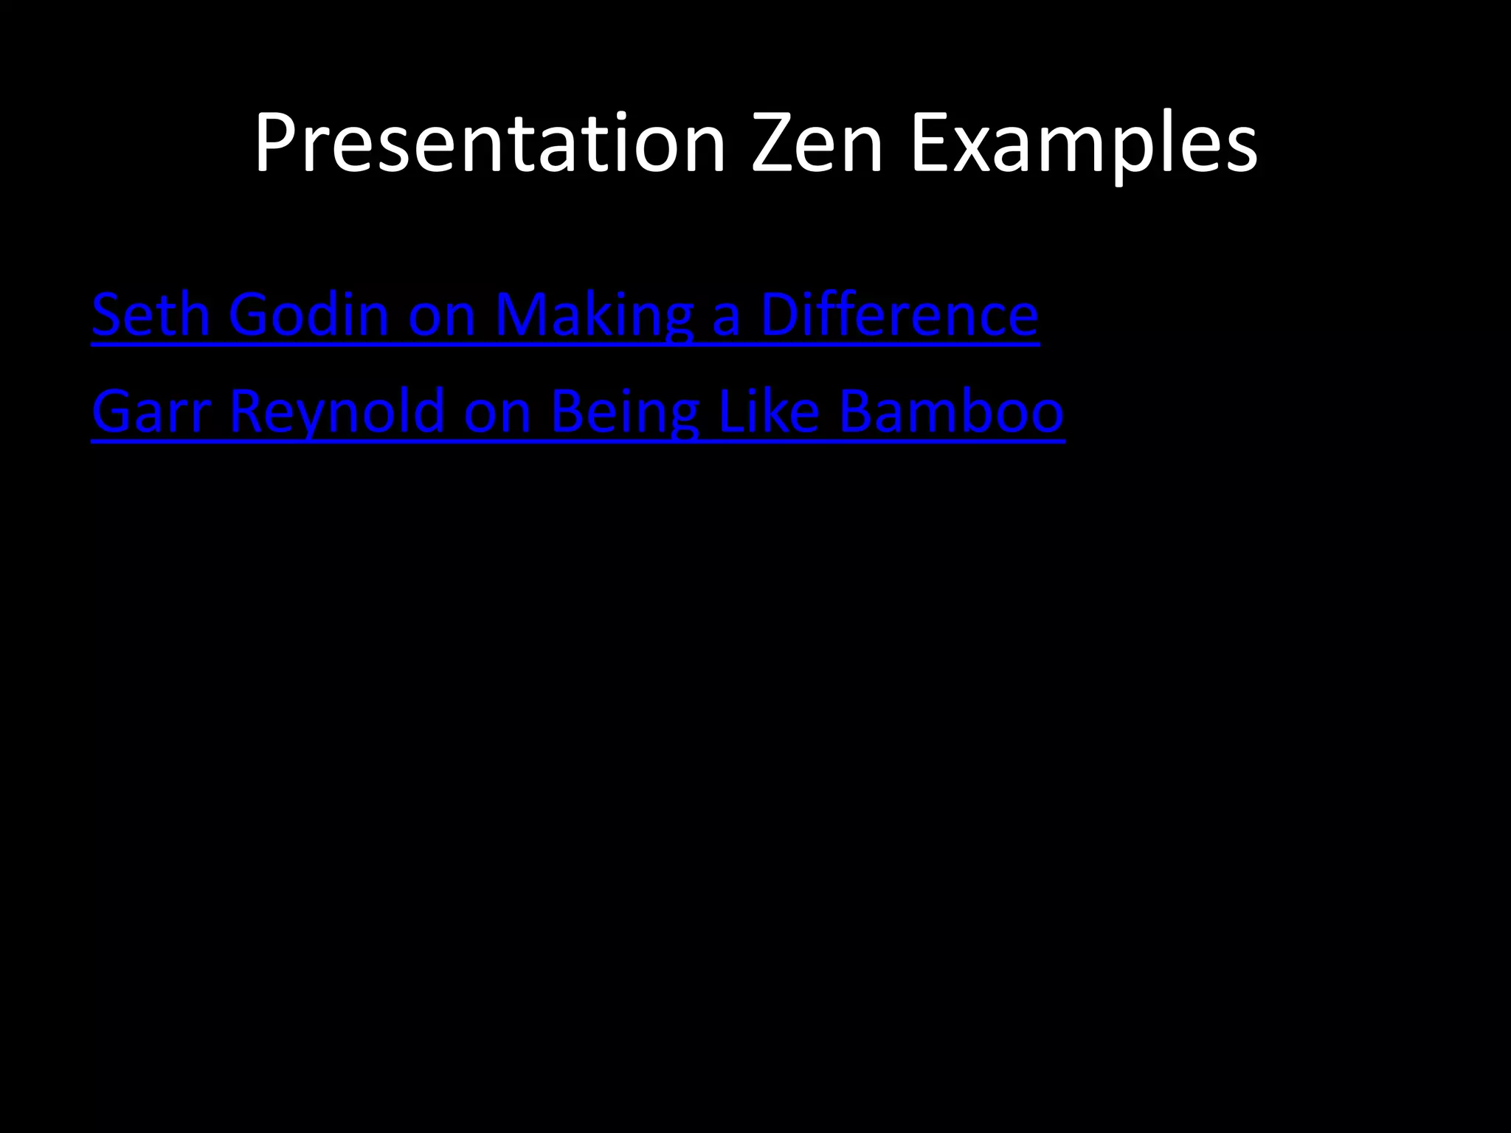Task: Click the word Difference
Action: tap(899, 315)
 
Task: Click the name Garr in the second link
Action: tap(151, 412)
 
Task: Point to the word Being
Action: tap(624, 412)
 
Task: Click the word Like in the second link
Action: tap(768, 412)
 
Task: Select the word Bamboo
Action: tap(951, 412)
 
